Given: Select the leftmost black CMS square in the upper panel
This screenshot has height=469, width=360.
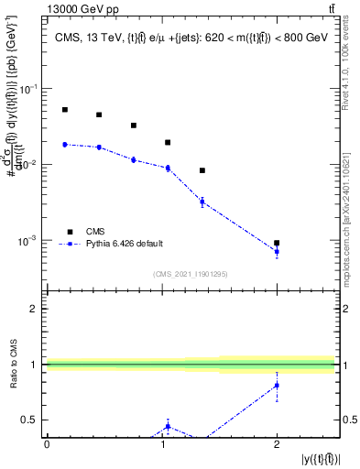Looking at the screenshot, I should [x=65, y=110].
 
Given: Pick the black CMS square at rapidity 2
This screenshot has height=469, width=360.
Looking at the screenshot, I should [x=277, y=243].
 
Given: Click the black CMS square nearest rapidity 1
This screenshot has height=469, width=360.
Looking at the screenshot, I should [x=168, y=143].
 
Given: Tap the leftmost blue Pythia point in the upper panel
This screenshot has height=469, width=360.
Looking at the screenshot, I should [x=65, y=144].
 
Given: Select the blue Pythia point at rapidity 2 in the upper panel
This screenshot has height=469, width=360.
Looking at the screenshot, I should [x=277, y=251].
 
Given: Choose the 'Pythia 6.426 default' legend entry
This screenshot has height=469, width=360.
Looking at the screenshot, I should [x=124, y=244].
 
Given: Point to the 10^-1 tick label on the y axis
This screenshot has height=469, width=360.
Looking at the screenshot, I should [x=29, y=89].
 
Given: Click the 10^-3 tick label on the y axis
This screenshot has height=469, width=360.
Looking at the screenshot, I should [x=29, y=241].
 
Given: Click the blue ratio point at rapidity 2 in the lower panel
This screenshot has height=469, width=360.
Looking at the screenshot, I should [x=277, y=386].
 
